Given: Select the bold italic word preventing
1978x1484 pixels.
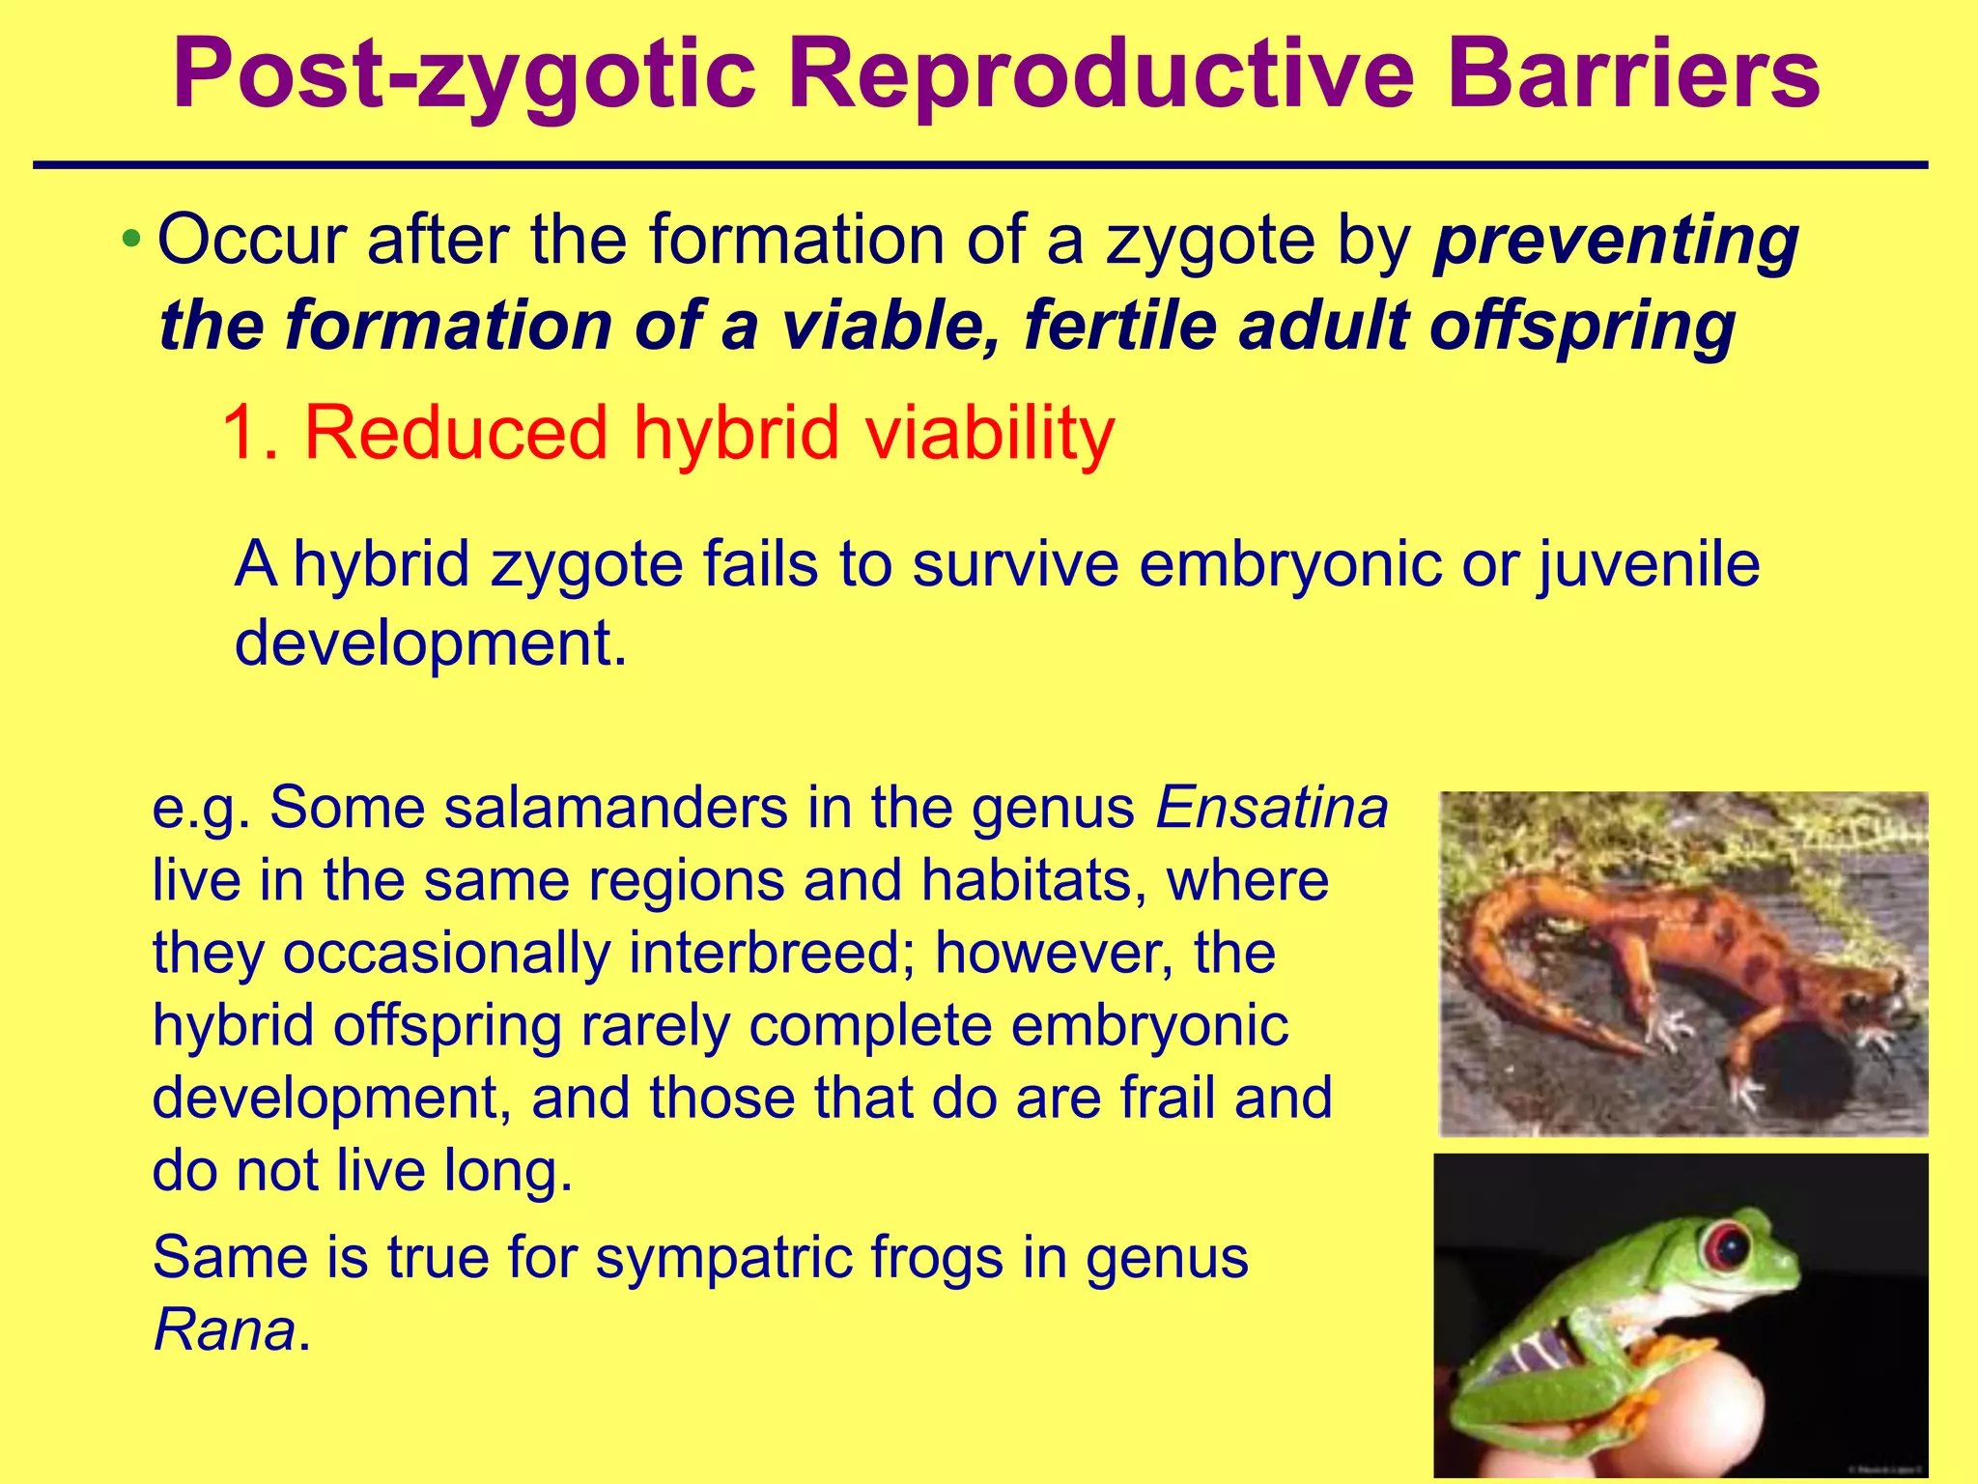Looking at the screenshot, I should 1616,242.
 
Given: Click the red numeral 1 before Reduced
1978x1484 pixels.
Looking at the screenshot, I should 241,433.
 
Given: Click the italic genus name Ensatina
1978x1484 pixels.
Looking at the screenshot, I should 1271,808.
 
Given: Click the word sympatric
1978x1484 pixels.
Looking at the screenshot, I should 723,1258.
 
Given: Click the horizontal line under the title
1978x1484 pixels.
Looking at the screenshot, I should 979,166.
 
